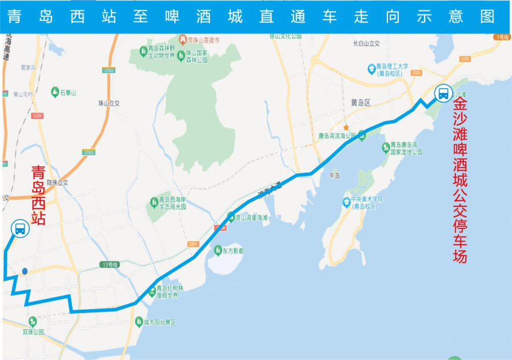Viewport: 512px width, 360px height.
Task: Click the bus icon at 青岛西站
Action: (20, 228)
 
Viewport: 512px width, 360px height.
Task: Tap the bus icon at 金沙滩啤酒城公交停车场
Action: (444, 93)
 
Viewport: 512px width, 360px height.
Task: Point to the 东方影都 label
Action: (233, 252)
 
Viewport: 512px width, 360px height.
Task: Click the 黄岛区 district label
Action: (361, 103)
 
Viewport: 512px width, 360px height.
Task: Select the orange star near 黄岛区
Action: (346, 128)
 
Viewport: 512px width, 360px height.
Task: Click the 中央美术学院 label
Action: (364, 202)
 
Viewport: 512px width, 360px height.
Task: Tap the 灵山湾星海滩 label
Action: (251, 218)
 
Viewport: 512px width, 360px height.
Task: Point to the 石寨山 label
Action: (68, 93)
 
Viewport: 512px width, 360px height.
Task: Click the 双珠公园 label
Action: (34, 332)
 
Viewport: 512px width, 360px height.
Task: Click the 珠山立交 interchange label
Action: (108, 103)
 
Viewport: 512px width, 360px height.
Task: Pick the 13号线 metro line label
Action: (109, 265)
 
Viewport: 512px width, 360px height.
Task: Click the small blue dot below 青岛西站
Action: (24, 271)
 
